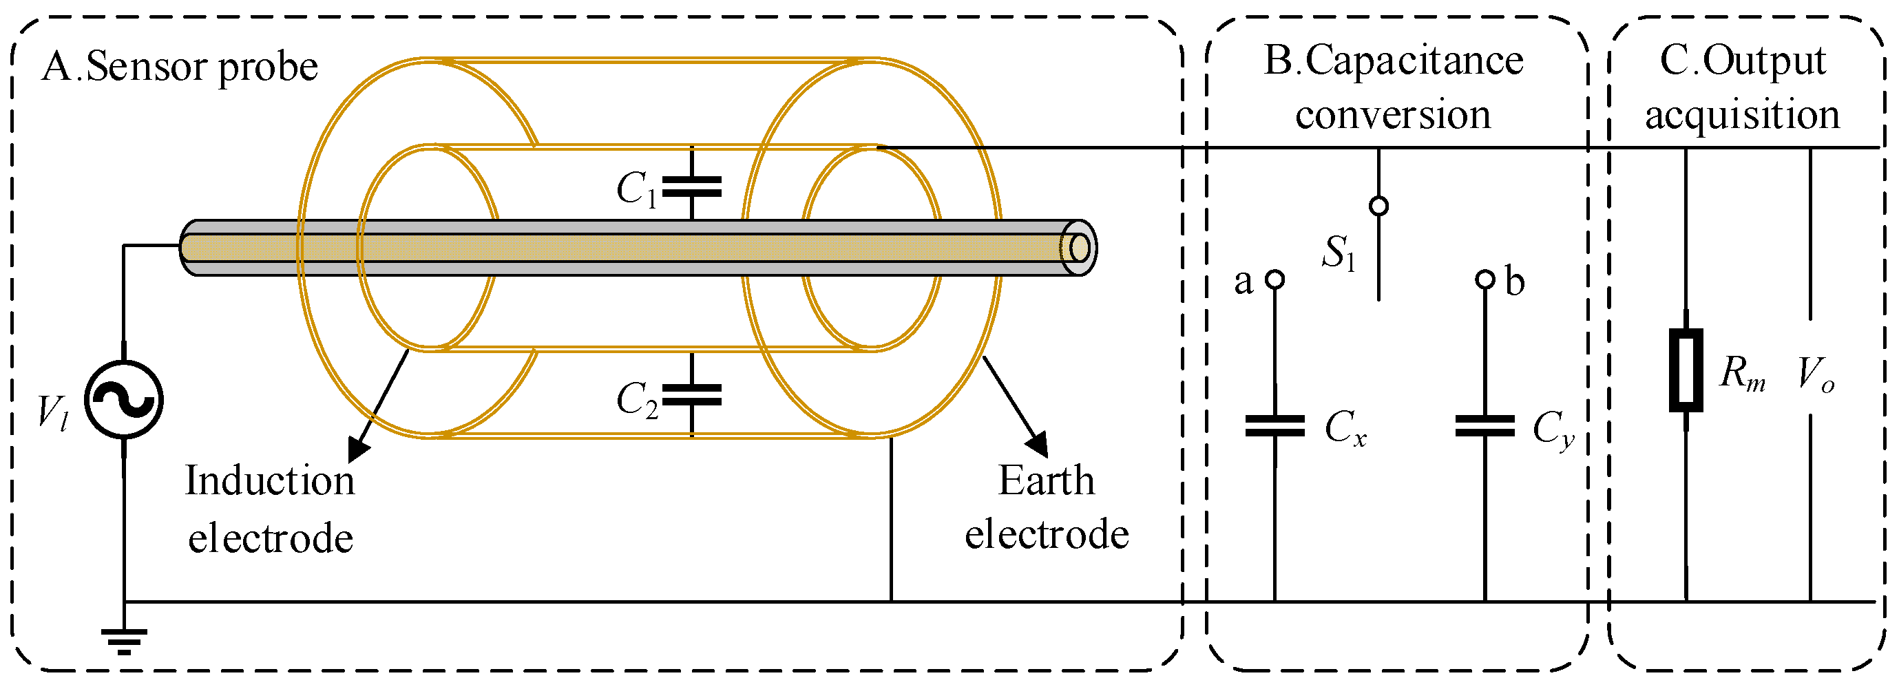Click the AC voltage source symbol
pos(123,400)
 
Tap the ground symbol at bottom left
pos(124,641)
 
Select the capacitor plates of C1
pos(691,187)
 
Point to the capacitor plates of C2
pos(691,396)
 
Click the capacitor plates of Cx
pos(1274,426)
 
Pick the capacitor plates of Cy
pos(1484,426)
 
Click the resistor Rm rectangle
pos(1686,370)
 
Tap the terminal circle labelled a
pos(1274,280)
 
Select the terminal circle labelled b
pos(1484,280)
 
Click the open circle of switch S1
pos(1378,206)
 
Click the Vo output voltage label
pos(1815,374)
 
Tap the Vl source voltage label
pos(53,413)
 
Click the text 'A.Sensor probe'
pos(179,67)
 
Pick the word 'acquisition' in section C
pos(1742,116)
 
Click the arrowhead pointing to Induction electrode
pos(359,449)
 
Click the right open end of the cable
pos(1078,248)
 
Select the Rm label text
pos(1743,374)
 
